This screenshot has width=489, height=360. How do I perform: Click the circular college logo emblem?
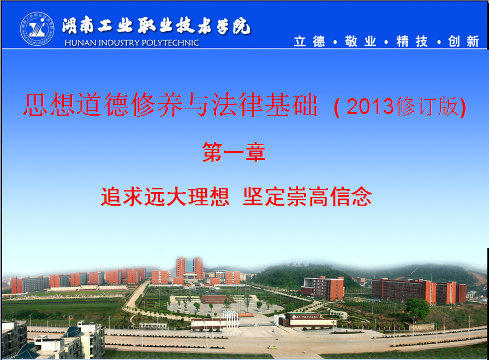click(x=37, y=29)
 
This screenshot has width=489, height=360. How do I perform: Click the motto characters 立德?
click(x=309, y=41)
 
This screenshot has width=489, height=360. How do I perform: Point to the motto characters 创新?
click(x=463, y=41)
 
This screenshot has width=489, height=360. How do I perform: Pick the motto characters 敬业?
click(x=361, y=41)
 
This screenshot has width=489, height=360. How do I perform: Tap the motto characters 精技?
click(x=412, y=41)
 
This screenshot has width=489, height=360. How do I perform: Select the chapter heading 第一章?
click(x=234, y=152)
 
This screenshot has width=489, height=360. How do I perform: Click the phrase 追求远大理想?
click(x=165, y=196)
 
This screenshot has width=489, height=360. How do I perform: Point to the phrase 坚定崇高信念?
click(x=307, y=196)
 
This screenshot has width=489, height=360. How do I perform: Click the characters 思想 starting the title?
click(x=49, y=104)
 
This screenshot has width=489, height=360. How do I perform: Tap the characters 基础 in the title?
click(x=291, y=104)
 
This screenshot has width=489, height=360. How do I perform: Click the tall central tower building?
click(x=189, y=267)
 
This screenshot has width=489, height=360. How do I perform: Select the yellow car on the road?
click(x=272, y=347)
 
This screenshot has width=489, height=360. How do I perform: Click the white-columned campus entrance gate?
click(x=230, y=319)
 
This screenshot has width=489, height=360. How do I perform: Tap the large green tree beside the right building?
click(x=418, y=309)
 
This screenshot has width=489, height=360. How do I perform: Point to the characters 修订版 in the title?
click(x=426, y=106)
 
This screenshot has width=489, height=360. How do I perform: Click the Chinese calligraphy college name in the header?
click(x=156, y=26)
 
